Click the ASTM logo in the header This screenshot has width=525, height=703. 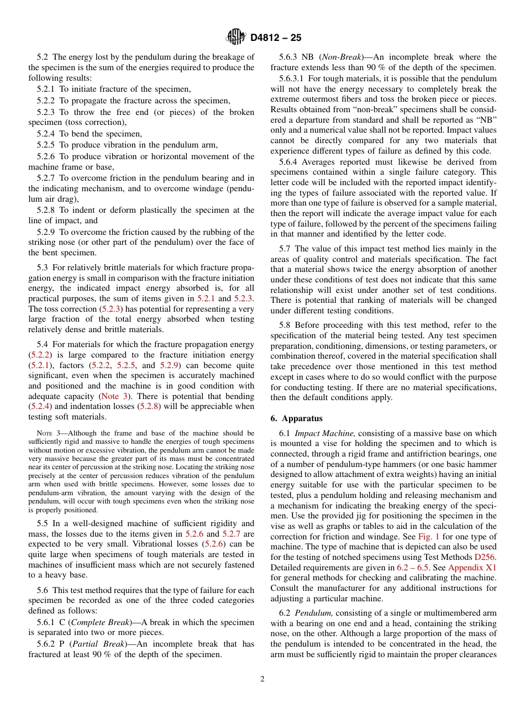click(237, 37)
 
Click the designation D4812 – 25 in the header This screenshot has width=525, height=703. click(276, 38)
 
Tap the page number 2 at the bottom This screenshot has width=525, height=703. click(262, 679)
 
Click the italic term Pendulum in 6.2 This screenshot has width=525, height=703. click(313, 613)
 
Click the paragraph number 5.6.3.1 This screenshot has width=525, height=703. click(293, 78)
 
